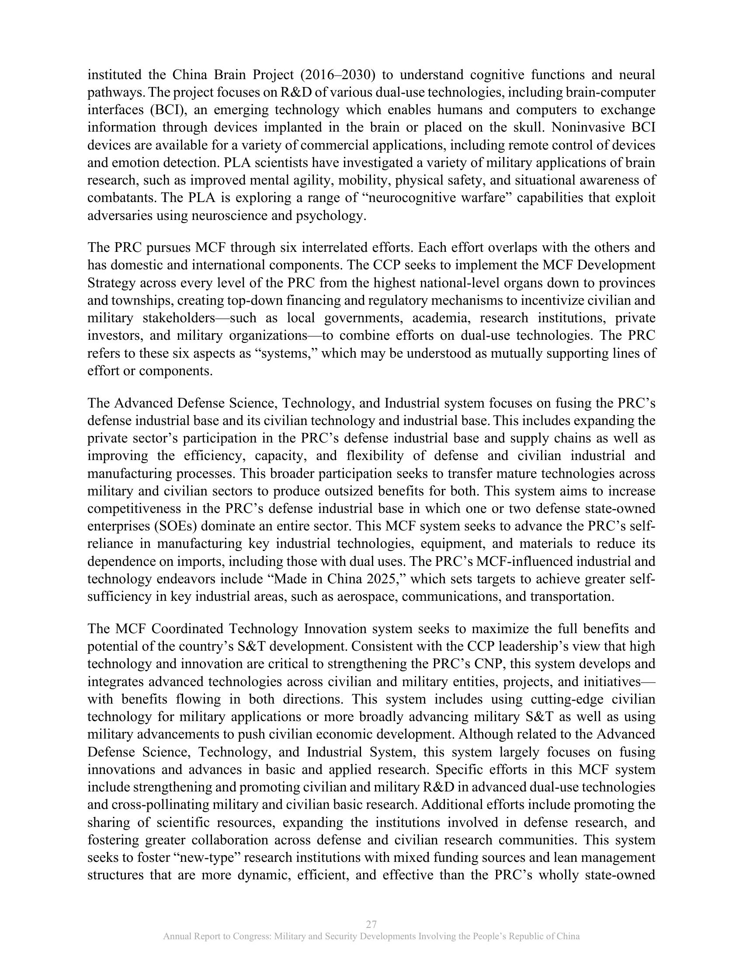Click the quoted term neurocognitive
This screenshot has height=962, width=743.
tap(423, 198)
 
